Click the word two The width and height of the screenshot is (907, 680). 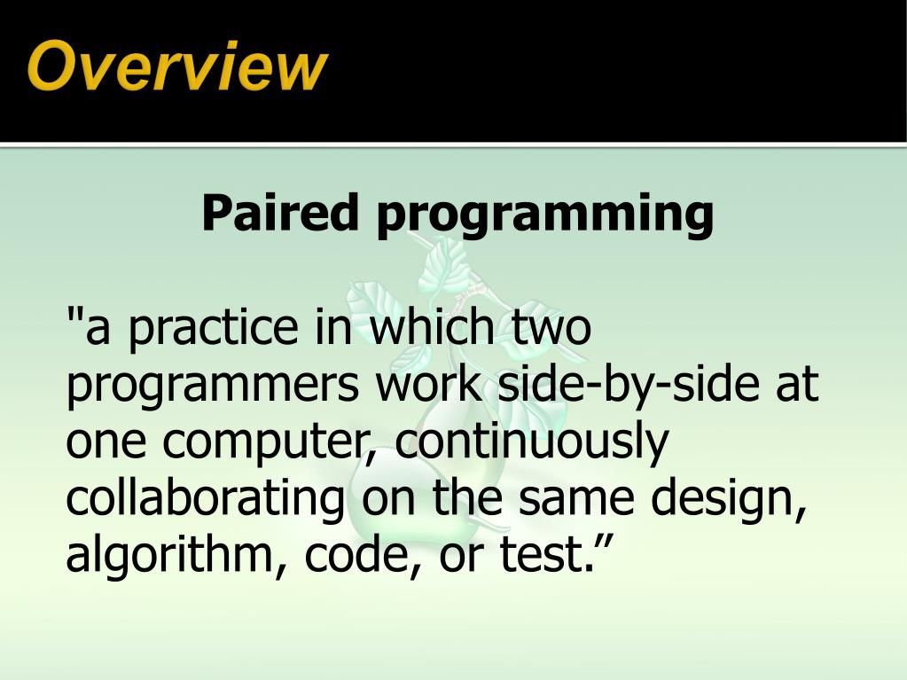tap(549, 330)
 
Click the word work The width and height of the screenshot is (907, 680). tap(423, 387)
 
